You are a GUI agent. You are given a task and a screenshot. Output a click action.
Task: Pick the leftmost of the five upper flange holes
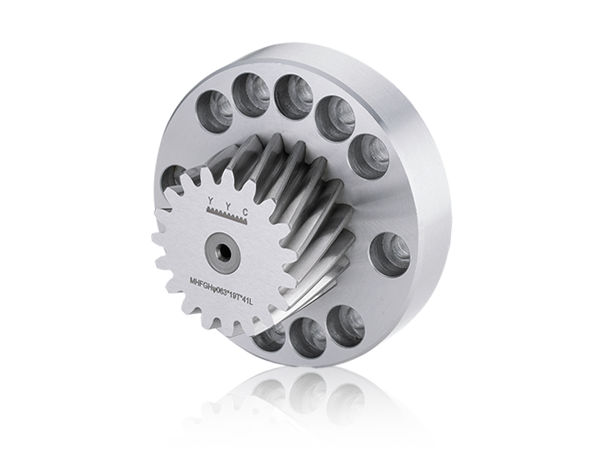216,111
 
